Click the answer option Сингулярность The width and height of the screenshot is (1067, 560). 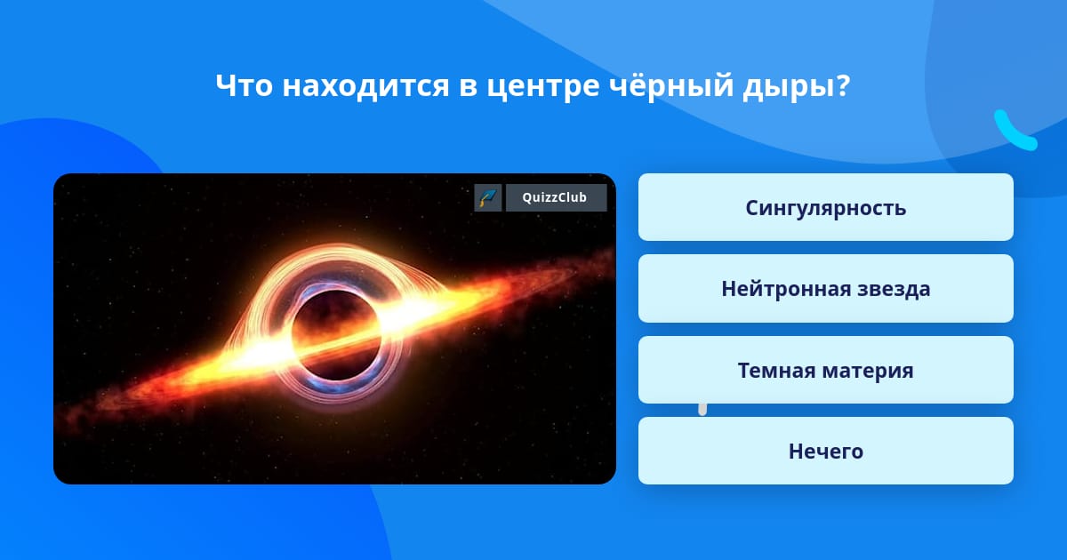pos(825,207)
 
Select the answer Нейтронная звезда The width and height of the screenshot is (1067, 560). pos(825,289)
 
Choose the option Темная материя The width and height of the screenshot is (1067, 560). pos(825,370)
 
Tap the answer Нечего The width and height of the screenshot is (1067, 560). pos(825,451)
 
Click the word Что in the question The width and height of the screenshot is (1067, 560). pos(244,85)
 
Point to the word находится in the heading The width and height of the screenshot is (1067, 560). pos(365,87)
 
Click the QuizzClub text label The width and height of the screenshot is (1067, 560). pos(555,197)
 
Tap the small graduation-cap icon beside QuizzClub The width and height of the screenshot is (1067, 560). pos(488,197)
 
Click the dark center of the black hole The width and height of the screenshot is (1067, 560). pos(336,334)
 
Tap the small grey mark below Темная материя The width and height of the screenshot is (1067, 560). pos(702,410)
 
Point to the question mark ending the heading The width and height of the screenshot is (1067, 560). pos(843,85)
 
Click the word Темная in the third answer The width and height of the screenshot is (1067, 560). pos(776,371)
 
